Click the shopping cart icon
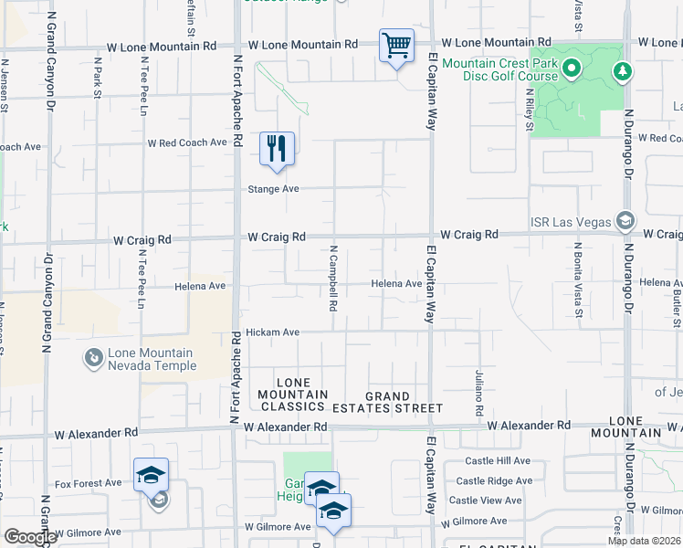point(396,45)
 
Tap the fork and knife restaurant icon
point(278,147)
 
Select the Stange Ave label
point(274,189)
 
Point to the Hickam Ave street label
point(273,332)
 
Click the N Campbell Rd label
point(334,277)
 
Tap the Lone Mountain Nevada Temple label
point(152,360)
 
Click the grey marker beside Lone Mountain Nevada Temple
point(93,358)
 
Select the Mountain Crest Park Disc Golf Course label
point(499,69)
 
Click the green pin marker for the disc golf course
point(572,68)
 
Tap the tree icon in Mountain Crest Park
point(624,71)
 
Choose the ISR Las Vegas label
point(573,222)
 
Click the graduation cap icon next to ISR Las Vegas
point(625,221)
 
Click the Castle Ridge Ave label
point(493,481)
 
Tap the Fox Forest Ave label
point(89,483)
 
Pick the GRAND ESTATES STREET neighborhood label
point(404,402)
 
